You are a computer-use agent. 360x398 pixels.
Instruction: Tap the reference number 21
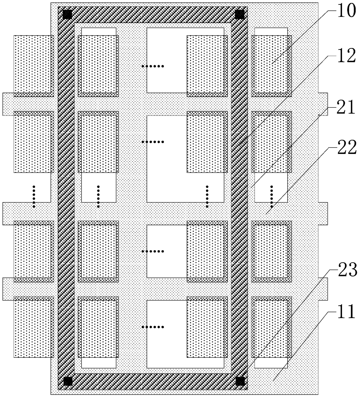345,107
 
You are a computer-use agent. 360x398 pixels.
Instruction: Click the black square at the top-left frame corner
67,15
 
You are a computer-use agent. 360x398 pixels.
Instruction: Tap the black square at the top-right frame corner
240,15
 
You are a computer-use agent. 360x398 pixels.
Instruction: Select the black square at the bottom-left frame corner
68,381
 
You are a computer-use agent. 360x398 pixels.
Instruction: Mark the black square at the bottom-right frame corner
240,381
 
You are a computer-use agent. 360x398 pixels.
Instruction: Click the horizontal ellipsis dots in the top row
153,66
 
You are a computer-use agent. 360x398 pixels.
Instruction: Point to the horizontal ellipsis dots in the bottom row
153,327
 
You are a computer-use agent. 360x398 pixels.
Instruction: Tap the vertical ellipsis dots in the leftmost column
34,197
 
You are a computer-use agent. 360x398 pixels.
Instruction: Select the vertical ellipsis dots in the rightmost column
272,197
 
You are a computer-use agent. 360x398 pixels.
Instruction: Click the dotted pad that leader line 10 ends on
271,66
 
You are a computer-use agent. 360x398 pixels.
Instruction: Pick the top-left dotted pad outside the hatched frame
34,66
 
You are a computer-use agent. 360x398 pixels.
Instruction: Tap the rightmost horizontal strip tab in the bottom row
323,289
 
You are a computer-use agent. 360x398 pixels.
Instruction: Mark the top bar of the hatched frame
152,15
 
